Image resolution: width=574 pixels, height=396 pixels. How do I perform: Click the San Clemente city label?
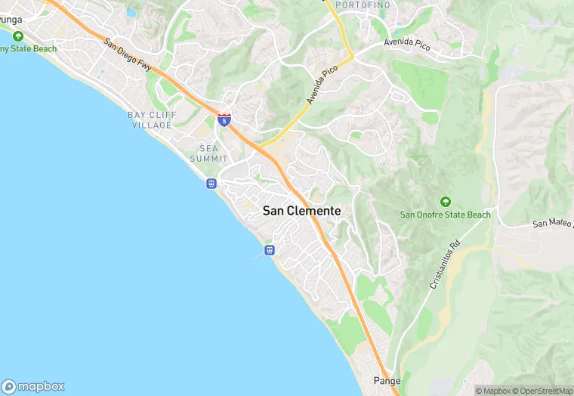pyautogui.click(x=301, y=212)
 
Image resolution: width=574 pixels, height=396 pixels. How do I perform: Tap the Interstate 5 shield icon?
pyautogui.click(x=224, y=119)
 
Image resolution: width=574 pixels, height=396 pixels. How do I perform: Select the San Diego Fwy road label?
pyautogui.click(x=128, y=56)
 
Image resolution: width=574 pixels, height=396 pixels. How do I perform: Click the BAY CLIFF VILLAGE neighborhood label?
pyautogui.click(x=151, y=119)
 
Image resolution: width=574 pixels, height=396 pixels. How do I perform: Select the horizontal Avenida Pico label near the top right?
pyautogui.click(x=407, y=45)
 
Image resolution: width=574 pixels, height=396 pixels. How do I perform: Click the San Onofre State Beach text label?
pyautogui.click(x=445, y=215)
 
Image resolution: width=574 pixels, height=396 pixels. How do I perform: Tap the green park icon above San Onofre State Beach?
pyautogui.click(x=445, y=201)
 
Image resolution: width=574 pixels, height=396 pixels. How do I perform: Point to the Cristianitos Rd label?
pyautogui.click(x=445, y=266)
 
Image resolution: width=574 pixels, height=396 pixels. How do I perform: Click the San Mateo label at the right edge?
pyautogui.click(x=552, y=224)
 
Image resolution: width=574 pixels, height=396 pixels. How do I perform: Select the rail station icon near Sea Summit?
pyautogui.click(x=211, y=183)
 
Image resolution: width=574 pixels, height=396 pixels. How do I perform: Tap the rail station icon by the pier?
pyautogui.click(x=269, y=250)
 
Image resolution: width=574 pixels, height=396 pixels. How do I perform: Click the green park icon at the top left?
pyautogui.click(x=17, y=36)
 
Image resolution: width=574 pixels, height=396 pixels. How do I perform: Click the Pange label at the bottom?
pyautogui.click(x=387, y=380)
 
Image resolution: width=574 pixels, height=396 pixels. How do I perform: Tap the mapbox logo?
pyautogui.click(x=34, y=385)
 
